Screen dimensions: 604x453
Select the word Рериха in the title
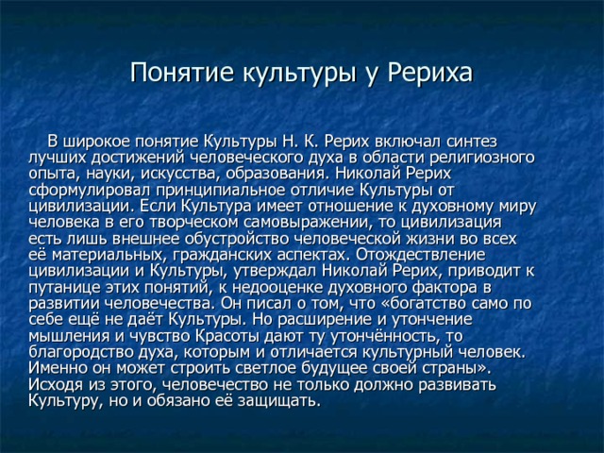pyautogui.click(x=429, y=72)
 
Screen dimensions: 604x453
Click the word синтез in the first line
pyautogui.click(x=472, y=142)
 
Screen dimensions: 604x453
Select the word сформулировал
pyautogui.click(x=90, y=191)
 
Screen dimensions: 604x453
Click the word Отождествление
pyautogui.click(x=421, y=255)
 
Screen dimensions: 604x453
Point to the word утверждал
pyautogui.click(x=274, y=271)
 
